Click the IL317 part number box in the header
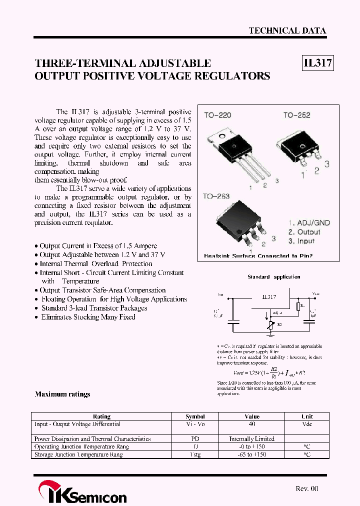(x=318, y=63)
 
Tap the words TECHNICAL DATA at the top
(x=287, y=30)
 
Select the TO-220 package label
(x=217, y=115)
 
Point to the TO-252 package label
(x=296, y=115)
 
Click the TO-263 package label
(x=216, y=196)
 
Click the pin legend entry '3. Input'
(x=301, y=241)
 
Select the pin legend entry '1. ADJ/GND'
(x=308, y=223)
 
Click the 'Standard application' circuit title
(x=274, y=277)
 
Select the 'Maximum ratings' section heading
(x=62, y=394)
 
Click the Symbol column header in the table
(x=195, y=416)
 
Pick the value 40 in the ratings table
(x=252, y=424)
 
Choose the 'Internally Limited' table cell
(x=251, y=439)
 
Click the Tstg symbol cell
(x=195, y=454)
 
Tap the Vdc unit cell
(x=307, y=424)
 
